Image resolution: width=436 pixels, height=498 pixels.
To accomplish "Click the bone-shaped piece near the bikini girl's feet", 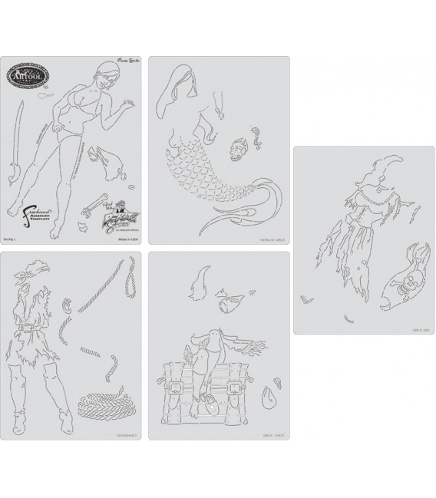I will pyautogui.click(x=99, y=205).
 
